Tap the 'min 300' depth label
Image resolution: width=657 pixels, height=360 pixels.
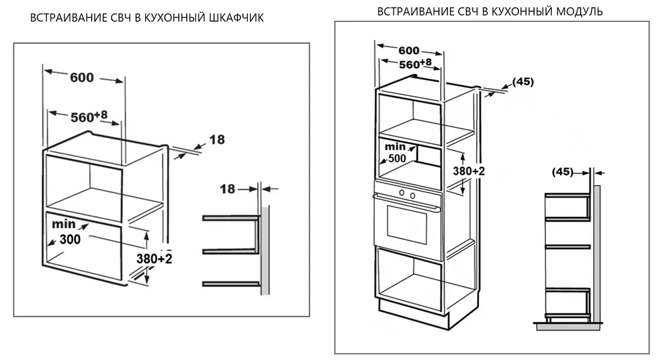pyautogui.click(x=68, y=233)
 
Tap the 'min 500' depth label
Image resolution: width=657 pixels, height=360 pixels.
pyautogui.click(x=396, y=152)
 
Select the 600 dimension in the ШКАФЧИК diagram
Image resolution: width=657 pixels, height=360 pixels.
pyautogui.click(x=81, y=78)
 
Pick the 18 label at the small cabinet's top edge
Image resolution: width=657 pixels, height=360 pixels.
pyautogui.click(x=217, y=139)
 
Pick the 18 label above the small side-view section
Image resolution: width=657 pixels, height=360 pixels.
pyautogui.click(x=228, y=189)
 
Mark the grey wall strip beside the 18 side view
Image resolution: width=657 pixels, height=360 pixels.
pyautogui.click(x=265, y=250)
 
